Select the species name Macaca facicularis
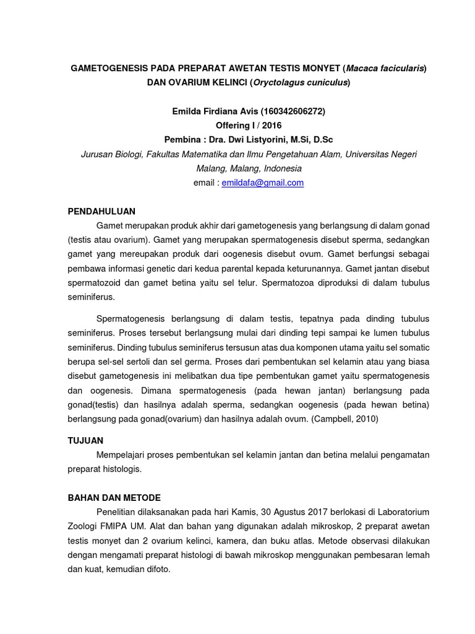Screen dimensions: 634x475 [385, 68]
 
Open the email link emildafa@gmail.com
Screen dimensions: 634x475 [262, 183]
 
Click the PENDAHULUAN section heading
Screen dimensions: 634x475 [101, 211]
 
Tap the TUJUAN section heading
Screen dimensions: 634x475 [85, 440]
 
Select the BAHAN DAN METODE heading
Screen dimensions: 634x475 [114, 498]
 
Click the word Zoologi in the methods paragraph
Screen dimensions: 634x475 [83, 526]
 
